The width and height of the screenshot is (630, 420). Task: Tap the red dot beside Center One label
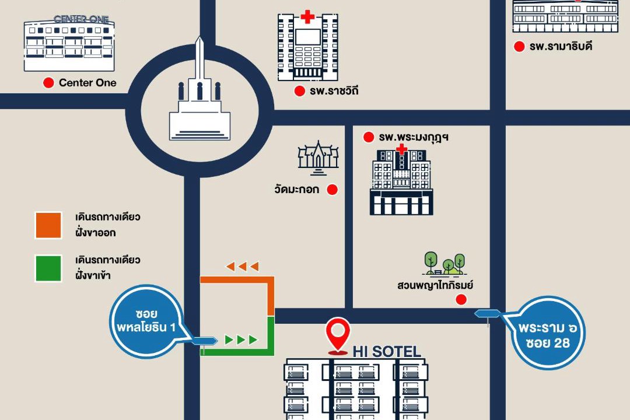[x=49, y=83]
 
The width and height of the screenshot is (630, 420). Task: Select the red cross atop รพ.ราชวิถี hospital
[x=307, y=16]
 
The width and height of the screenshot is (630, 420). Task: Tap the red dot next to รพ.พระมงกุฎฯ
[x=368, y=138]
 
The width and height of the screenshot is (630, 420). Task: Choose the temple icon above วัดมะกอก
[x=318, y=157]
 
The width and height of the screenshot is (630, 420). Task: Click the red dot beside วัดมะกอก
[x=332, y=190]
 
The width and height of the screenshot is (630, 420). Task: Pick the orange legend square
[x=48, y=225]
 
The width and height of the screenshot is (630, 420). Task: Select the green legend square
[x=48, y=268]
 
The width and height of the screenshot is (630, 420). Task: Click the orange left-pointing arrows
[x=242, y=267]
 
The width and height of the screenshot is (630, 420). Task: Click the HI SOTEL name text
[x=387, y=352]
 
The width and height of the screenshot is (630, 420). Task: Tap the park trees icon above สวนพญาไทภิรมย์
[x=444, y=264]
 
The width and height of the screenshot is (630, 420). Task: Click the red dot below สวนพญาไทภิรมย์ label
[x=461, y=300]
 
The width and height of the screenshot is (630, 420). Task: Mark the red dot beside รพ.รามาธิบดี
[x=519, y=47]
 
